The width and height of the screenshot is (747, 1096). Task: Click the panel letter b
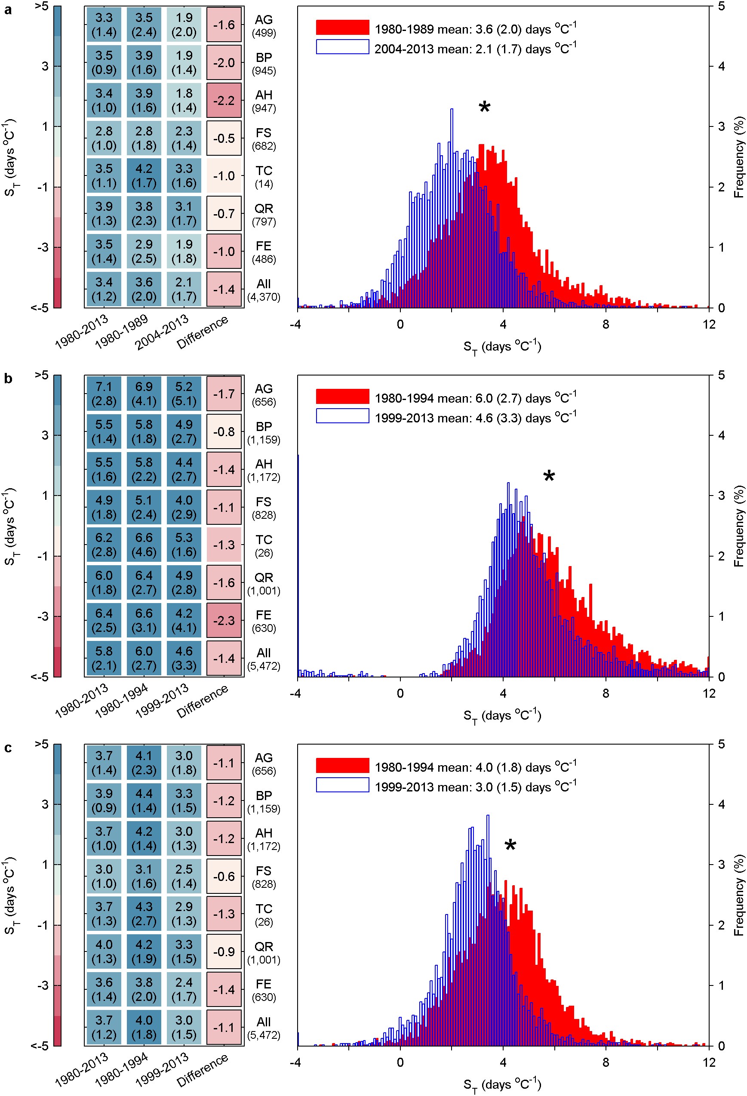pos(8,379)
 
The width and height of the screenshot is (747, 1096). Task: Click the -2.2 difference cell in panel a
pos(224,101)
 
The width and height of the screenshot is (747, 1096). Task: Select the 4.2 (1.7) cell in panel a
pos(144,175)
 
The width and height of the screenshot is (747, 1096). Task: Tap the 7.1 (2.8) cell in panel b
pos(104,394)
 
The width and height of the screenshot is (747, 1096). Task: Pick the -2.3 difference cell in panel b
pos(224,621)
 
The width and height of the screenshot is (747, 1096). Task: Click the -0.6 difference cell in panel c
pos(224,876)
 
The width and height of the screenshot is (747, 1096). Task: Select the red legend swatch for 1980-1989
pos(342,28)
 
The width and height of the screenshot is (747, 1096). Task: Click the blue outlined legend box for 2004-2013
pos(342,47)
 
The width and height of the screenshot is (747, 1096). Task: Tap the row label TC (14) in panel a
pos(264,176)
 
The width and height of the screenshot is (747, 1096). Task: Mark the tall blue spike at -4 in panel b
pos(298,566)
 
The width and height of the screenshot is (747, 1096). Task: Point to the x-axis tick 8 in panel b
pos(606,693)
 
